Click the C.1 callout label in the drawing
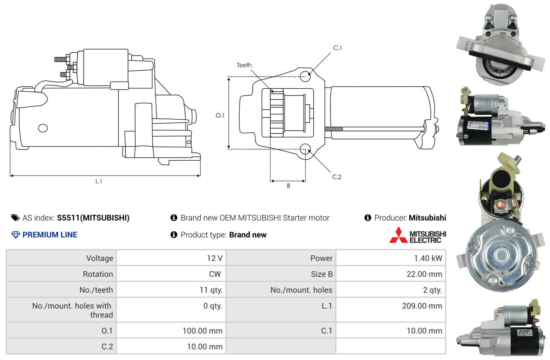338,48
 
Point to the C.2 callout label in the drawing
337,177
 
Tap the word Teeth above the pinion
244,65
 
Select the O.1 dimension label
220,115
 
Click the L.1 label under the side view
99,181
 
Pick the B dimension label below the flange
289,186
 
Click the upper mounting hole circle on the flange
305,76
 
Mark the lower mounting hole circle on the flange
305,149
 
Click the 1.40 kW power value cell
428,258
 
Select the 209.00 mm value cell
422,306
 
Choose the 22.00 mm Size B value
424,274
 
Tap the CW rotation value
215,274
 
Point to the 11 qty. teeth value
211,290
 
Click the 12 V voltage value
215,258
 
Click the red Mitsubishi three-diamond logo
398,235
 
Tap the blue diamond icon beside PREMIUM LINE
16,235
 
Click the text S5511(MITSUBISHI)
93,218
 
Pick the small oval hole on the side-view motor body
43,128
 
